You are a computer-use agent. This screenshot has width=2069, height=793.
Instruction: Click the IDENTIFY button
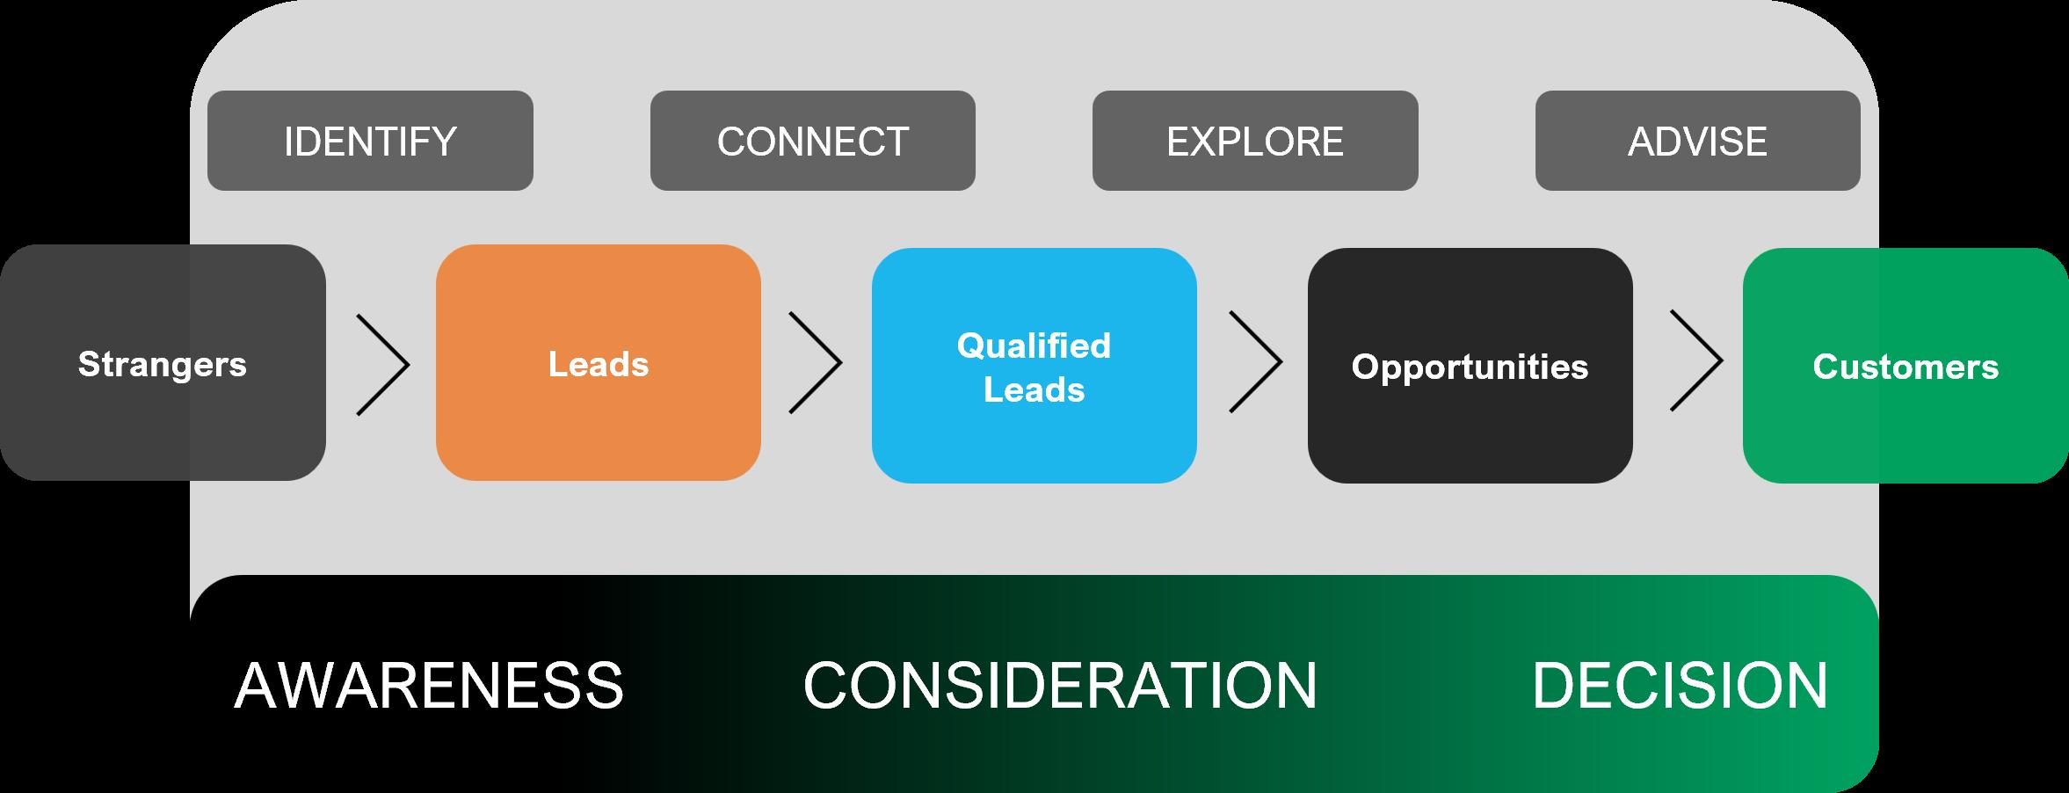tap(370, 141)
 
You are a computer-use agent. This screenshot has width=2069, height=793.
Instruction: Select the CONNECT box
tap(812, 141)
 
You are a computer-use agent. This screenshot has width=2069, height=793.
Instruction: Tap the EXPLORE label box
tap(1254, 141)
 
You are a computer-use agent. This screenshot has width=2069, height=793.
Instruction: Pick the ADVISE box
tap(1697, 141)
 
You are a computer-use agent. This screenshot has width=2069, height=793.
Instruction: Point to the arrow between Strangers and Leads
tap(384, 362)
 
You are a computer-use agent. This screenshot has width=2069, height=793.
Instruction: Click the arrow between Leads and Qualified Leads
tap(817, 362)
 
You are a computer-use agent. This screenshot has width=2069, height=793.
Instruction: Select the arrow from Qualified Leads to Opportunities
tap(1256, 362)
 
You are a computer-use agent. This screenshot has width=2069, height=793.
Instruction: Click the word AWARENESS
tap(429, 686)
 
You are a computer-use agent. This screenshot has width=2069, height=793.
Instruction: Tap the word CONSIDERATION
tap(1060, 686)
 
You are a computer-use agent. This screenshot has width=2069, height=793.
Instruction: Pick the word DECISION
tap(1680, 686)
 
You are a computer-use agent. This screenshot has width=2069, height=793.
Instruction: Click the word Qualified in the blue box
tap(1034, 346)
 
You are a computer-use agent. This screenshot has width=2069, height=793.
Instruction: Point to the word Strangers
tap(163, 364)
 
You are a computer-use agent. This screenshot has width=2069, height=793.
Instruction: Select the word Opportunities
tap(1470, 367)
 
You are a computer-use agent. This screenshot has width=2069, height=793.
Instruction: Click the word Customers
tap(1905, 367)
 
